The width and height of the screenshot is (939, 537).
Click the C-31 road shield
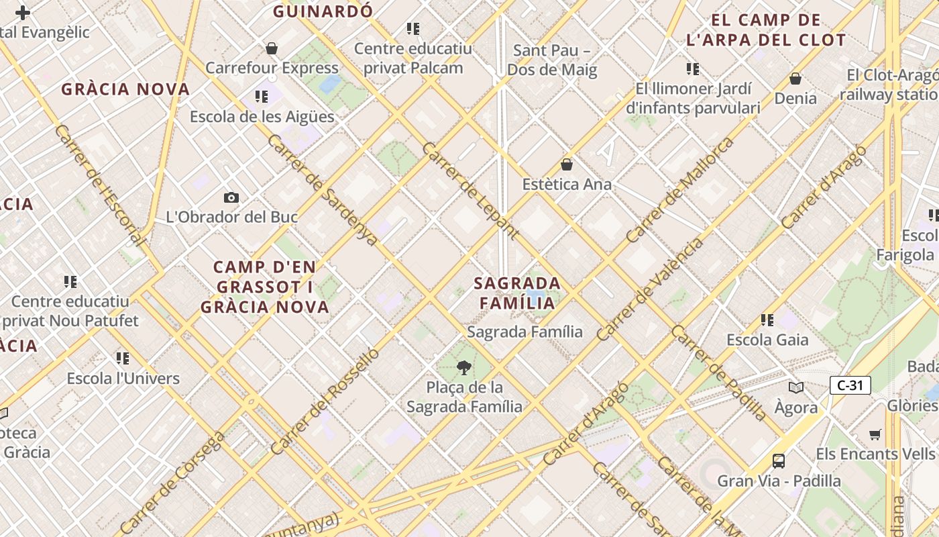click(x=850, y=385)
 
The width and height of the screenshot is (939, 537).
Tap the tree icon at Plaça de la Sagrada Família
click(x=463, y=367)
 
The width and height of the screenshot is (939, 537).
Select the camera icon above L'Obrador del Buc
click(x=231, y=197)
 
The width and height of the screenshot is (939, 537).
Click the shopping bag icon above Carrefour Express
click(x=272, y=48)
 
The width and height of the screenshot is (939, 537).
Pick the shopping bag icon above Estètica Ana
click(x=567, y=164)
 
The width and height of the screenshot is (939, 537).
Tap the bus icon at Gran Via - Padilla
click(x=779, y=461)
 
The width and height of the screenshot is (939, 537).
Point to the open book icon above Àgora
click(x=796, y=387)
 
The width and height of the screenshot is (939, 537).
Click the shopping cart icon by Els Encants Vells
click(x=875, y=434)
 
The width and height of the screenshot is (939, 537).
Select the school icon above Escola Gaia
click(x=767, y=320)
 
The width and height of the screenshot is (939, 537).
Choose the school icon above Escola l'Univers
click(x=123, y=358)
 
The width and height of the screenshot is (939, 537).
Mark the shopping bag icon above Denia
click(x=795, y=79)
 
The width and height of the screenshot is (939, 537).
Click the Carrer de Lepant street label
click(x=470, y=191)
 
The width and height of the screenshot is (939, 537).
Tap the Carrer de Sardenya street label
click(x=323, y=190)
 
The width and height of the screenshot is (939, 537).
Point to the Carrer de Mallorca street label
click(x=679, y=191)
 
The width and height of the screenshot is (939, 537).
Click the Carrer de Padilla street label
click(x=718, y=373)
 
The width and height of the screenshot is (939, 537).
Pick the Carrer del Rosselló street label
click(x=325, y=401)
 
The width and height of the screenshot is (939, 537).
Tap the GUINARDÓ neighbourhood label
click(x=323, y=11)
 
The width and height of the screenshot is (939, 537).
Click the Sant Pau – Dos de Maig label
click(x=551, y=60)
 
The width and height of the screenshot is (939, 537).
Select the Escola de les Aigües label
click(x=262, y=116)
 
